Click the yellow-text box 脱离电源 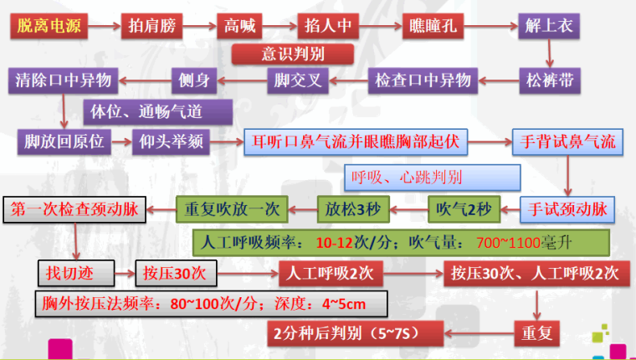pyautogui.click(x=49, y=26)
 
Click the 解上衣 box pyautogui.click(x=547, y=26)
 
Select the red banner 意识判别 pyautogui.click(x=292, y=54)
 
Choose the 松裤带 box pyautogui.click(x=549, y=80)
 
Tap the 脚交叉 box pyautogui.click(x=297, y=80)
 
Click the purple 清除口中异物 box pyautogui.click(x=63, y=80)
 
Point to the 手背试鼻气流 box pyautogui.click(x=568, y=141)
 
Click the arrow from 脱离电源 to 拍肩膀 pyautogui.click(x=101, y=26)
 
